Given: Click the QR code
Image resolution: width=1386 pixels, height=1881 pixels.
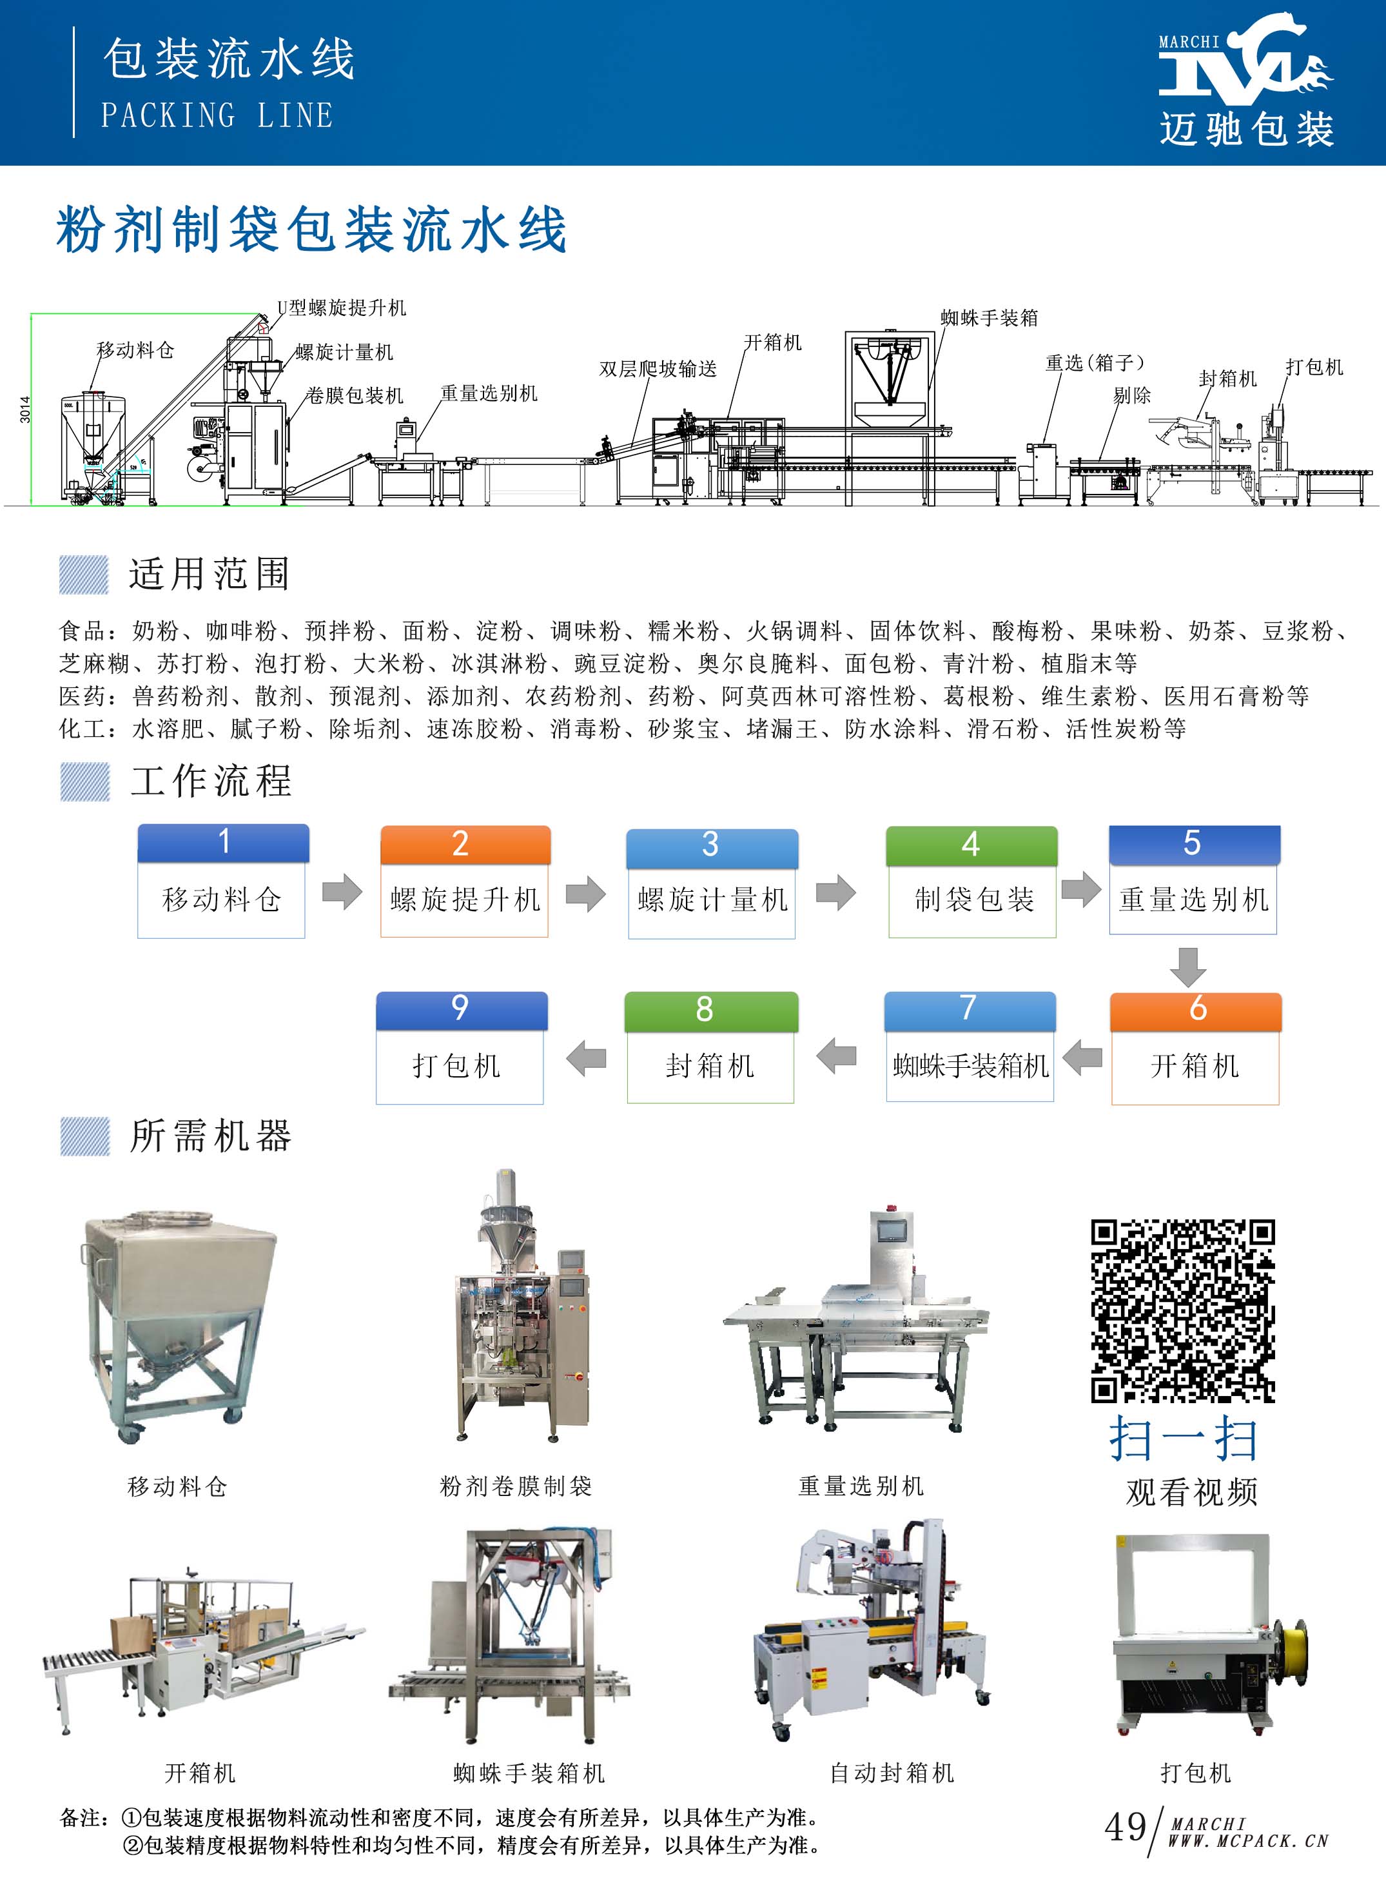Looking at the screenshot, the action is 1182,1310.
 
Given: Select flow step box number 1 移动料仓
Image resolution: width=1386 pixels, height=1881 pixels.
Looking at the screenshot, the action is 222,881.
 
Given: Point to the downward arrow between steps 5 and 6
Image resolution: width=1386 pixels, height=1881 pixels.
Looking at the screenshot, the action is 1188,967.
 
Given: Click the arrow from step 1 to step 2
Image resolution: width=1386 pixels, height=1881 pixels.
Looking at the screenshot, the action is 342,892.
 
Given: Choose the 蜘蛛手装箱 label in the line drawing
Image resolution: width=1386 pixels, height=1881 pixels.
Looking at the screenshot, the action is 989,318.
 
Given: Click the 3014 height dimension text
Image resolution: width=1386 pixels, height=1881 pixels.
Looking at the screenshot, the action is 25,409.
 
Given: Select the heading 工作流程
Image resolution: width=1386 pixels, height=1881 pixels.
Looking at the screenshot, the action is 211,781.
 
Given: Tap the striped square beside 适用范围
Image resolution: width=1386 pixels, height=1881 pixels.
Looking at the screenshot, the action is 84,575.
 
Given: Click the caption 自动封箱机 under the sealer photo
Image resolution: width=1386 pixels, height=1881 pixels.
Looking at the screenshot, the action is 891,1773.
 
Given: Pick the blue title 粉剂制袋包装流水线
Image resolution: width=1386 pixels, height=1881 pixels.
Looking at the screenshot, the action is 311,229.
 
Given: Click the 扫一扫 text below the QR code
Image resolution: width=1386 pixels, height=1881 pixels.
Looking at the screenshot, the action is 1183,1440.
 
